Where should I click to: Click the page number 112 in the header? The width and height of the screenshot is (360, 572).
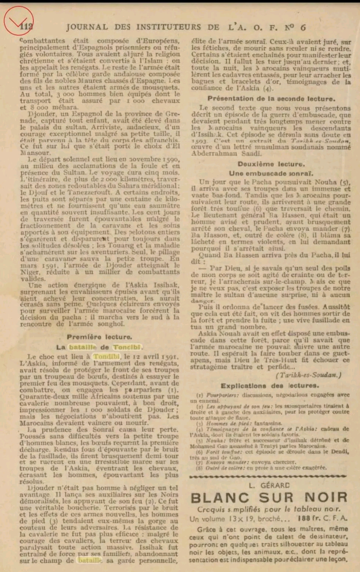click(26, 27)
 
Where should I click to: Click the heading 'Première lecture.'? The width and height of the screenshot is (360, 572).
click(99, 337)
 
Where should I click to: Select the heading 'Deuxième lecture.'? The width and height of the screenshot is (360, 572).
click(271, 164)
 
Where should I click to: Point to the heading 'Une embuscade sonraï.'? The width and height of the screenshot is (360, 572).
click(271, 173)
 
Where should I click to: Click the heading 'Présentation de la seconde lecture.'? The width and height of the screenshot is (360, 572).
click(271, 99)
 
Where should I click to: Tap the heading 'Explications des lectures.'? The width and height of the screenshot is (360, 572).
click(270, 386)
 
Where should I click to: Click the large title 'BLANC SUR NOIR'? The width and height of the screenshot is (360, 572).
click(269, 498)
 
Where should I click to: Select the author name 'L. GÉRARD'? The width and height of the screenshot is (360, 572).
click(269, 485)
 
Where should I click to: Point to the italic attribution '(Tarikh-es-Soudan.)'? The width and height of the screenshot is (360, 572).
click(308, 375)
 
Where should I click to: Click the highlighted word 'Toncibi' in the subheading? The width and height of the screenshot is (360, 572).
click(126, 347)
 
